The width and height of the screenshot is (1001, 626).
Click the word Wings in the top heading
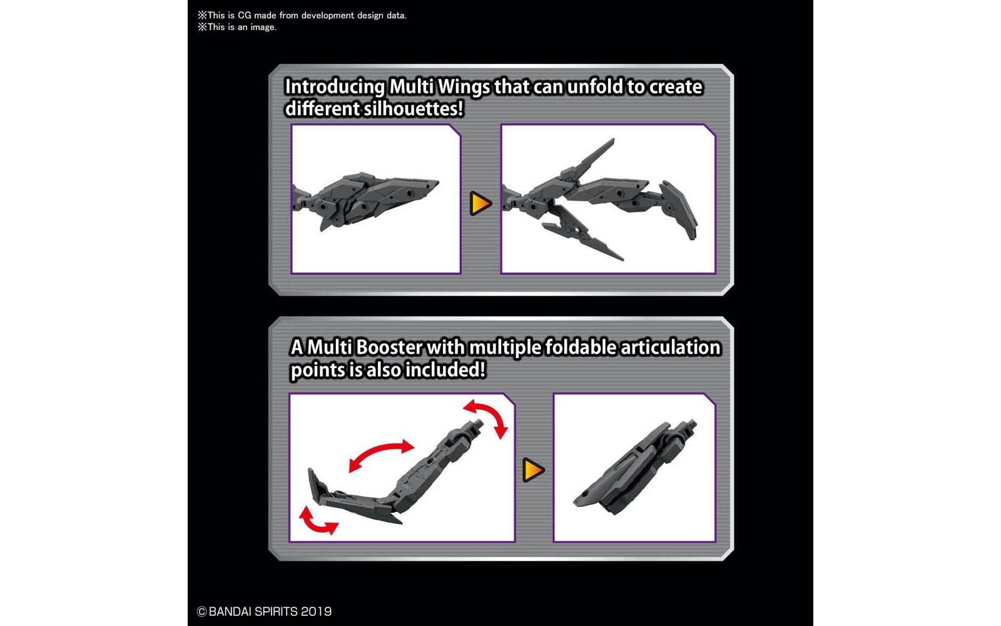tap(464, 86)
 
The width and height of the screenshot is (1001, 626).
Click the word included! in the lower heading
tap(445, 370)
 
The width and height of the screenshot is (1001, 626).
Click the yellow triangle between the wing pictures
tap(480, 203)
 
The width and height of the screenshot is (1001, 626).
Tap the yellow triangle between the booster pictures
tap(533, 470)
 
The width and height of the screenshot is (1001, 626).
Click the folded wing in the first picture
tap(369, 197)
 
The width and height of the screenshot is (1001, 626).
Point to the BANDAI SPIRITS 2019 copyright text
tap(264, 612)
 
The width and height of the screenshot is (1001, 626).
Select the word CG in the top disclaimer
tap(245, 15)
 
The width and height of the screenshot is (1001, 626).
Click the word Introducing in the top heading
tap(335, 86)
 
